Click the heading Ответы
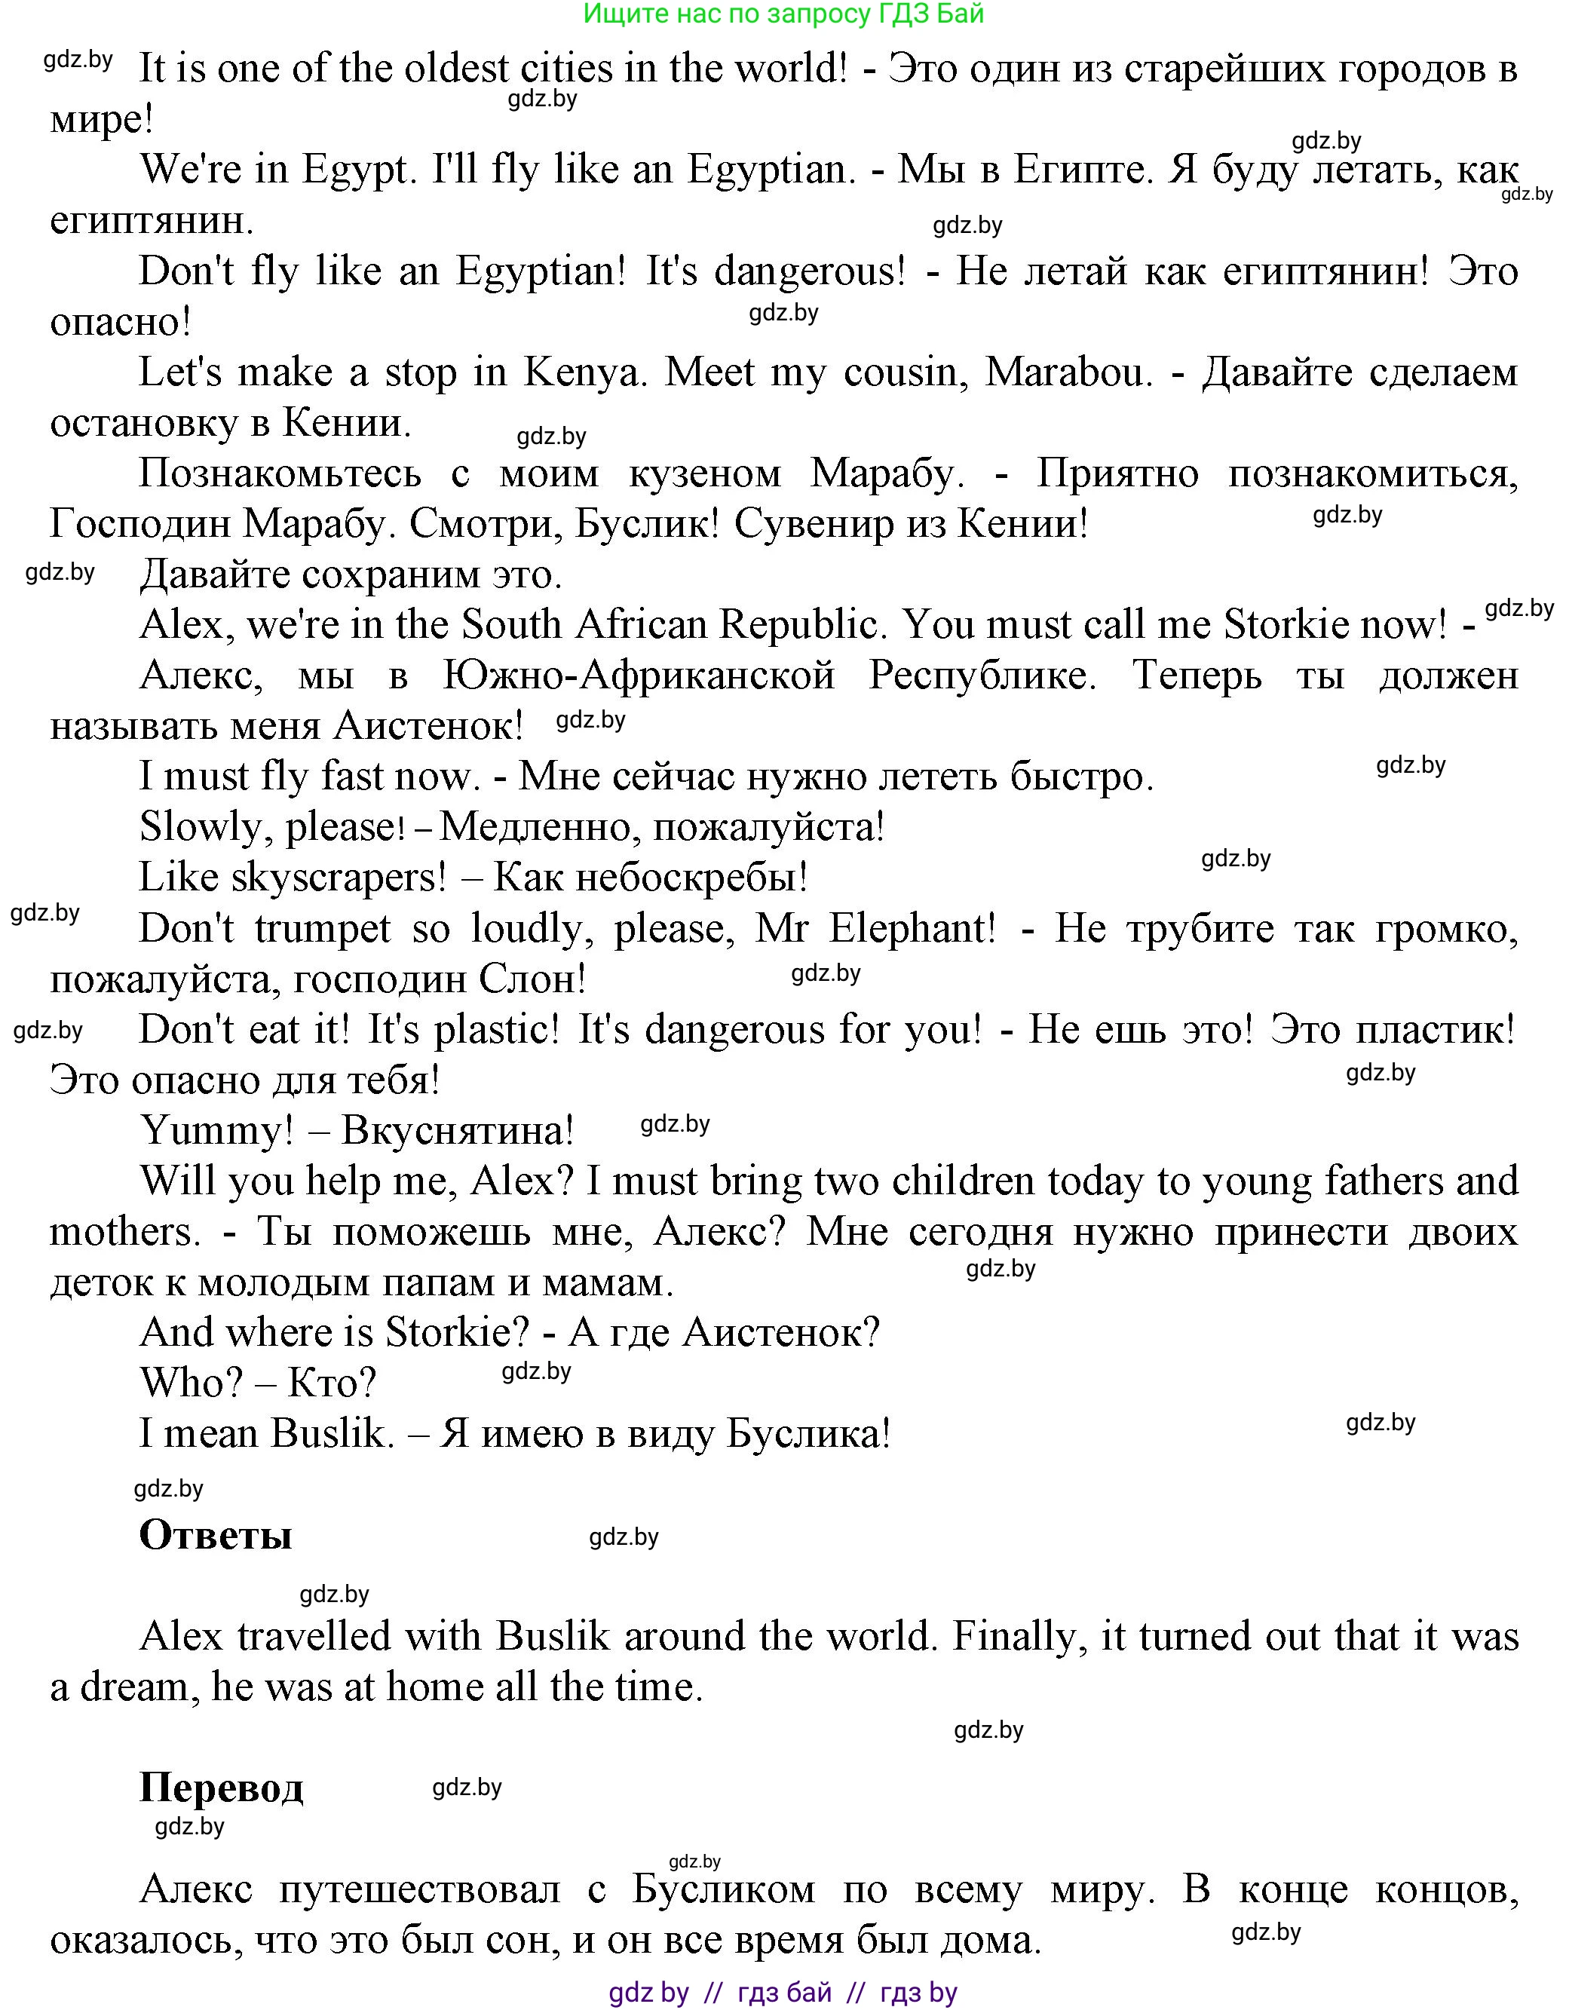coord(216,1535)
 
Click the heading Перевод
coord(221,1788)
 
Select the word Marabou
coord(1068,372)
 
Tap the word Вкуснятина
coord(458,1130)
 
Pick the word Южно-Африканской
coord(639,676)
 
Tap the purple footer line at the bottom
coord(783,1993)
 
